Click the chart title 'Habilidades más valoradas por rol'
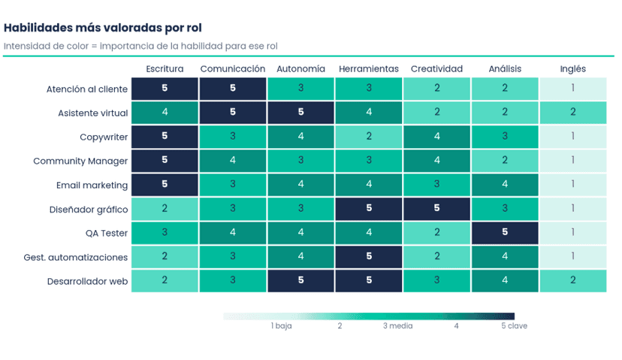103,28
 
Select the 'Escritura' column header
165,68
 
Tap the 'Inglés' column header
573,69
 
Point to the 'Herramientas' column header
369,68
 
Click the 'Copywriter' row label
104,138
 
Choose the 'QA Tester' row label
107,233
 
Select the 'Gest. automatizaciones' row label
76,257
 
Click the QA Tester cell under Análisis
505,232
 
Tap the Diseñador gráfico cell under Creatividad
436,209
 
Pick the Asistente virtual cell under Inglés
573,113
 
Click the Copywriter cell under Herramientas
369,137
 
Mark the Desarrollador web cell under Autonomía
300,280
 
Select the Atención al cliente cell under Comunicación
233,89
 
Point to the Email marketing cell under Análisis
505,185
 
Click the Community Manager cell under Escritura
165,161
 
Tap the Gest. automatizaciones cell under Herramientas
369,257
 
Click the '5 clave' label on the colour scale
514,326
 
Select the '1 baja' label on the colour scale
281,326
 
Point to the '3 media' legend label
398,326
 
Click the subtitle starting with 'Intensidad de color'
140,46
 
